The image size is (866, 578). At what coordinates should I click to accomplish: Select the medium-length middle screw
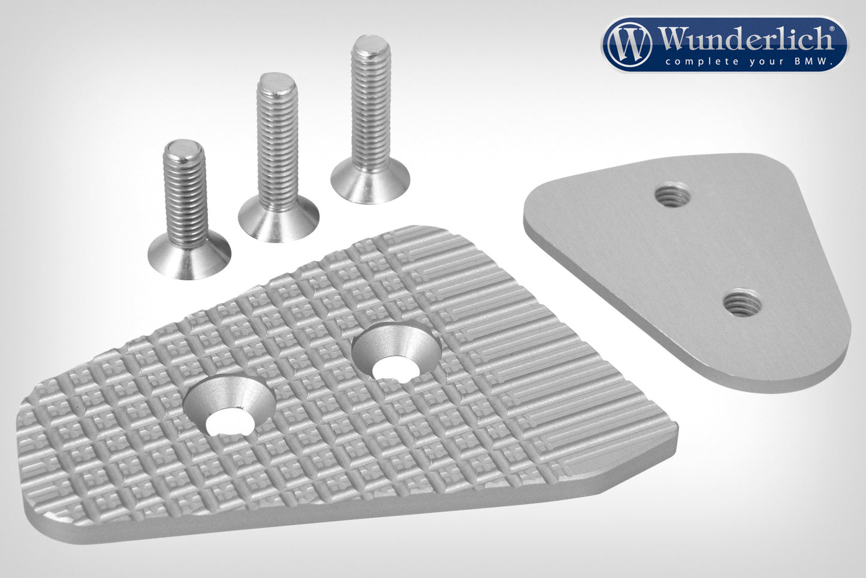(278, 158)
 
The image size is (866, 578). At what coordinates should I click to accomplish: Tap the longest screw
(370, 120)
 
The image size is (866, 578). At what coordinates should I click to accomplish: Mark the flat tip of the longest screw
(370, 42)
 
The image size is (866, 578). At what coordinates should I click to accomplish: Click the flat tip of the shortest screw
(183, 147)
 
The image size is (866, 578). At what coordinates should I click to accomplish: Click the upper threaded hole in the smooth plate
(672, 194)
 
